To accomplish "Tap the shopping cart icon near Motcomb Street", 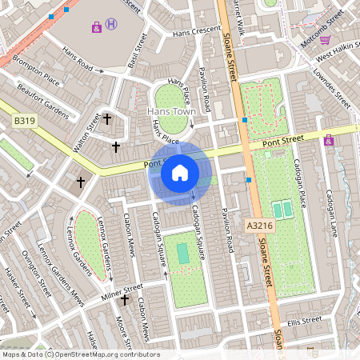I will tap(325, 39).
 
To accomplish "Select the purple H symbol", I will tap(111, 24).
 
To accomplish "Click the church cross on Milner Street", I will tap(124, 300).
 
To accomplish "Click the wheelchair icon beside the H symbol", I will tap(97, 27).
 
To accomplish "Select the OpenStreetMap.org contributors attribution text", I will tap(103, 354).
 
